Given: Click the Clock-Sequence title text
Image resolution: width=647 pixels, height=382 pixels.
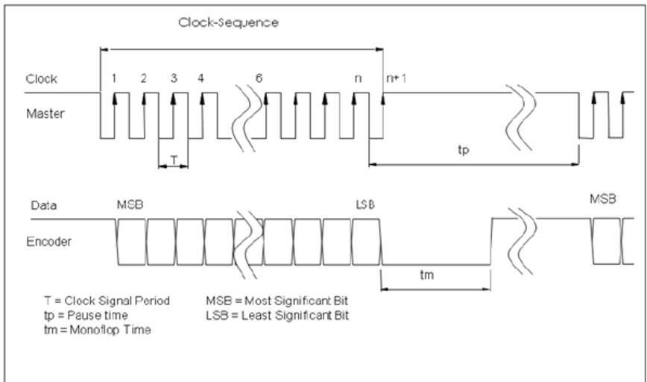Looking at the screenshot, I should point(228,22).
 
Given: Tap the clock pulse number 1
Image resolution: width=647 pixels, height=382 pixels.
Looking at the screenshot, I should point(114,78).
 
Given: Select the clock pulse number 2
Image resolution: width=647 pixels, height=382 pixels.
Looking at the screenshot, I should point(143,78).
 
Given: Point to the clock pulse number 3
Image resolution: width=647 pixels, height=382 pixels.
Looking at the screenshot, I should point(173,78).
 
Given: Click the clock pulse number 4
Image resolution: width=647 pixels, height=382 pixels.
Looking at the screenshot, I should point(201,78).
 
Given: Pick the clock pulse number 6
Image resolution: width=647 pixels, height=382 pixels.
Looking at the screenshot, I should point(259,78).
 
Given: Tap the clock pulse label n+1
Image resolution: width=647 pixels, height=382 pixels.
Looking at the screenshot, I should point(396,78).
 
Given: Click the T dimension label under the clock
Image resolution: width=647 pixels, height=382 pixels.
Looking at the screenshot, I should point(173,160).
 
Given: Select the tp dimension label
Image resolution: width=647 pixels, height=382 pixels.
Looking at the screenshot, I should point(464,149).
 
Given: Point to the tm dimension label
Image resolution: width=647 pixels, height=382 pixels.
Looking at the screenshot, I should point(426,275).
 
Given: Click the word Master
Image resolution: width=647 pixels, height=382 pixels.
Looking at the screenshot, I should point(45,114).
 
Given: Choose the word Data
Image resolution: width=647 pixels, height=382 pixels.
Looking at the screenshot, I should point(43,205).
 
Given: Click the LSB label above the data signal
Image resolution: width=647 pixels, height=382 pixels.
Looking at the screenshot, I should point(364,204).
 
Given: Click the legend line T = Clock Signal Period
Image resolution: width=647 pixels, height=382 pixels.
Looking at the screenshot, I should point(107,301).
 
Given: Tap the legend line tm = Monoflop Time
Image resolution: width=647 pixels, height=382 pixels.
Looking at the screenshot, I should point(98,329).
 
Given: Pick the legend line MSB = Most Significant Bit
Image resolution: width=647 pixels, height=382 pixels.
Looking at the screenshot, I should point(277,301).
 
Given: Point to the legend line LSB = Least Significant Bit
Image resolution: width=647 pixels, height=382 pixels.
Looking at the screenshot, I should point(277,315).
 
